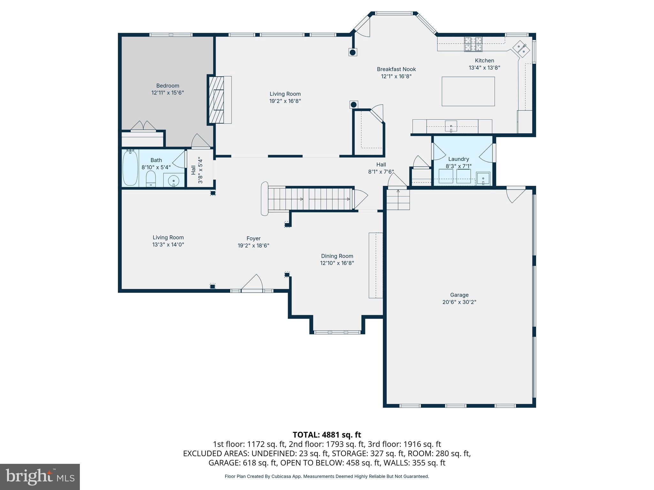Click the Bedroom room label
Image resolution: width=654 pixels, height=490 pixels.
(168, 85)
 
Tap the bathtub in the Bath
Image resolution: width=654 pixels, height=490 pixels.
(130, 168)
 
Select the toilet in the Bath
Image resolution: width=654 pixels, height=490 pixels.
(151, 178)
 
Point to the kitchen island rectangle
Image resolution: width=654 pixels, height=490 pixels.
(468, 91)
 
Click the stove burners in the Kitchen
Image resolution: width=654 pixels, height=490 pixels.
(473, 44)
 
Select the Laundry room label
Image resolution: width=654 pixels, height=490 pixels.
(459, 159)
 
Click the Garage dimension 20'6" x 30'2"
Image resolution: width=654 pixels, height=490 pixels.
(459, 302)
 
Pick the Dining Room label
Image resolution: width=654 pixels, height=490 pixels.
(337, 256)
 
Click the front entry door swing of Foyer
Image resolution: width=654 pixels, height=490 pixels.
(252, 283)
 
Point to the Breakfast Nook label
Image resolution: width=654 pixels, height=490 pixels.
(396, 69)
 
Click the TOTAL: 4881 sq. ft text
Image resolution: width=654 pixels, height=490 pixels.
(327, 435)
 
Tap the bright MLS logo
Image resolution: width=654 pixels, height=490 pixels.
(40, 477)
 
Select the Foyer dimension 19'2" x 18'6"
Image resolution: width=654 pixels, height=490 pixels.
(254, 246)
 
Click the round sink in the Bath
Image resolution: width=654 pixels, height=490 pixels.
(174, 181)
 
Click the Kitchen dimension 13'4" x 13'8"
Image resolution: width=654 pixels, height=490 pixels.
(484, 68)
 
